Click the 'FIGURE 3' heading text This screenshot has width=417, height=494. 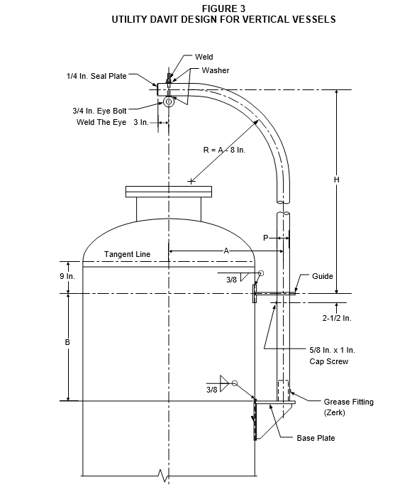pyautogui.click(x=224, y=9)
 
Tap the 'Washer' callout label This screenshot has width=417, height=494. pyautogui.click(x=216, y=70)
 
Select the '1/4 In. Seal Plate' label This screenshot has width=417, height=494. pyautogui.click(x=96, y=76)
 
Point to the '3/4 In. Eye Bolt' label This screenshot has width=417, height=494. pyautogui.click(x=99, y=111)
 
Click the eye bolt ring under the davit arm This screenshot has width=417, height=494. pyautogui.click(x=169, y=101)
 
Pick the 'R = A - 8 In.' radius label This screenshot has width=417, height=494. pyautogui.click(x=224, y=150)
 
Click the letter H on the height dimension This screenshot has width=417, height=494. pyautogui.click(x=336, y=180)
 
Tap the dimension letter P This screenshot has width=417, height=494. pyautogui.click(x=266, y=238)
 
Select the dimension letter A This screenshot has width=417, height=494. pyautogui.click(x=226, y=251)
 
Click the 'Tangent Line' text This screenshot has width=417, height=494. pyautogui.click(x=127, y=254)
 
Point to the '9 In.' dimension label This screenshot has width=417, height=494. pyautogui.click(x=67, y=276)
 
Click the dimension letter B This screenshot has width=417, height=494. pyautogui.click(x=67, y=342)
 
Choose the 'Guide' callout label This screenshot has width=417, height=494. pyautogui.click(x=322, y=276)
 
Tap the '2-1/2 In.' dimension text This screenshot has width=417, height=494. pyautogui.click(x=336, y=318)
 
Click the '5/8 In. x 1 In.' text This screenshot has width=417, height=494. pyautogui.click(x=332, y=350)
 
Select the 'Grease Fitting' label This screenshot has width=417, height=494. pyautogui.click(x=349, y=402)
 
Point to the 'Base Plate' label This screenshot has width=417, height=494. pyautogui.click(x=316, y=438)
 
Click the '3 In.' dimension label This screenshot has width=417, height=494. pyautogui.click(x=140, y=122)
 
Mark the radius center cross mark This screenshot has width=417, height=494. pyautogui.click(x=191, y=181)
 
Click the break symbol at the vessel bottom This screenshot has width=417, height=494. pyautogui.click(x=163, y=476)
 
